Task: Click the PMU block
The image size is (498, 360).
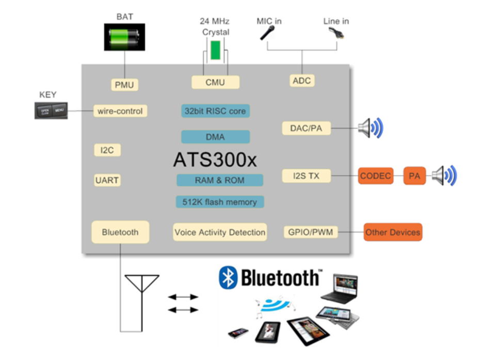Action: pos(125,84)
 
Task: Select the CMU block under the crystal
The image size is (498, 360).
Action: pos(215,82)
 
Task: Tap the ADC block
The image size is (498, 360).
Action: pos(301,81)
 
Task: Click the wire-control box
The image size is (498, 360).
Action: pos(120,111)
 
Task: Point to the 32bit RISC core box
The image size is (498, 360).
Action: pos(216,111)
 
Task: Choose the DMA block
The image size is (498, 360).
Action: pos(215,137)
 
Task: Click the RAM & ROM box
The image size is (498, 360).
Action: pos(220,180)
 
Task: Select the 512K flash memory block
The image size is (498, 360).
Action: pos(220,201)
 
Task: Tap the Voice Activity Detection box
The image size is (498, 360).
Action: pos(220,232)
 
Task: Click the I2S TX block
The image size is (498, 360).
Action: pos(307,176)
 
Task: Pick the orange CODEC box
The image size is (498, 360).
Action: pos(375,176)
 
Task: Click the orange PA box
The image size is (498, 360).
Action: pos(414,176)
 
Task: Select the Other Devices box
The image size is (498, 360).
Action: pos(393,232)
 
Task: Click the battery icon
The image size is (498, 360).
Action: pos(124,37)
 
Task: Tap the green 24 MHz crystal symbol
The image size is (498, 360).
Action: pos(215,50)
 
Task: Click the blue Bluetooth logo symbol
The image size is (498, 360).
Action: pos(228,277)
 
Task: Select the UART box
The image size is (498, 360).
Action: pos(107,180)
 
